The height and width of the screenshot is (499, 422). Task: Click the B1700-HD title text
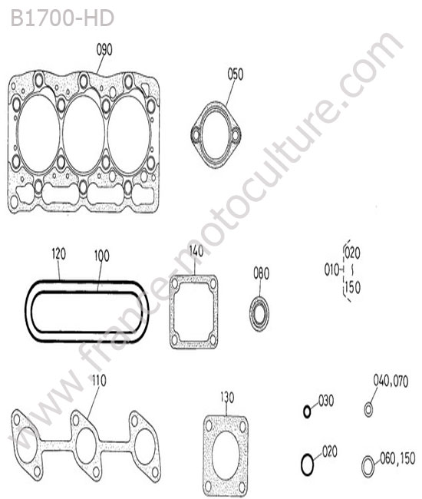62,18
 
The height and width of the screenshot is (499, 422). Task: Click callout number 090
104,50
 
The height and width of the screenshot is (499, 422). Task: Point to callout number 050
236,74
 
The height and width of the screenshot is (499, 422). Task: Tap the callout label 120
59,254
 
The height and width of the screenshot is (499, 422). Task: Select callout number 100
102,256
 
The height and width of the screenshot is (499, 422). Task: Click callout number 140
196,251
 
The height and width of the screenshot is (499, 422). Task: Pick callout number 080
262,273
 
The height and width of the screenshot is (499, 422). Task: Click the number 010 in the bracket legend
331,270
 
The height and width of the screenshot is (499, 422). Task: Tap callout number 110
99,380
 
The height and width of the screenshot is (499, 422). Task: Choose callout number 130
227,398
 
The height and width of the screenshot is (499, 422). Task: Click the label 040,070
391,381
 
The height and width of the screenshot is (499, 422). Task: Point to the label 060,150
397,458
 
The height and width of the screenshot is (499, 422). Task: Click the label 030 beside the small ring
326,401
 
